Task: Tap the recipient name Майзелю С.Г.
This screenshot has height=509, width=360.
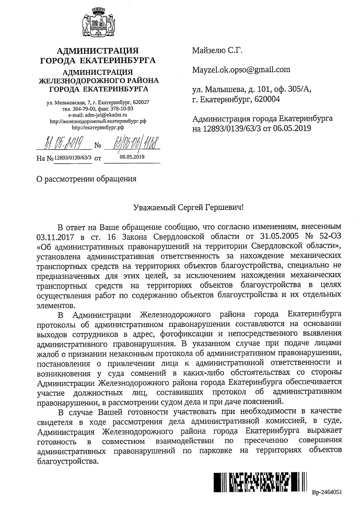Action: point(217,51)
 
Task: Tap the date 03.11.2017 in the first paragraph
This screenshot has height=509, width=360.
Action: point(54,238)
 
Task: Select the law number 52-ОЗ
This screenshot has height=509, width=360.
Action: point(328,238)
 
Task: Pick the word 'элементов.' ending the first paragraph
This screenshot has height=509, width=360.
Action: point(54,306)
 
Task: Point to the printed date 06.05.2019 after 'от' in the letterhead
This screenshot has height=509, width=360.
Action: point(132,156)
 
